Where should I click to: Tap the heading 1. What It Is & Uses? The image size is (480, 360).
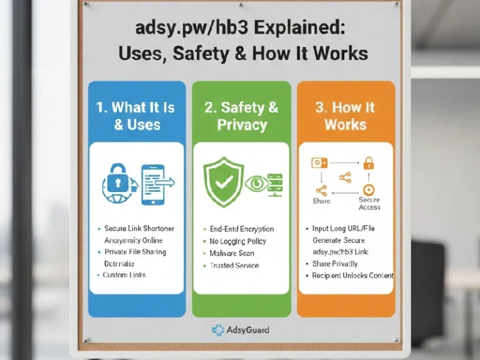pos(136,116)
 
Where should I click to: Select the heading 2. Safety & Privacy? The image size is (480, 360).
pos(241,116)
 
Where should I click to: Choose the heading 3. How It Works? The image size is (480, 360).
pos(346,116)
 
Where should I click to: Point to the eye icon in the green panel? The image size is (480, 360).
pos(256,184)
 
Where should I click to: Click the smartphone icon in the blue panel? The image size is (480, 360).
pos(152,184)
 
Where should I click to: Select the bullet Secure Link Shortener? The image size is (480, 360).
pos(138,229)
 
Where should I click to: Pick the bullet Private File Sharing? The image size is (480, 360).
pos(135,252)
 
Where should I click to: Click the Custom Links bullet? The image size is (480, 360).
pos(124,275)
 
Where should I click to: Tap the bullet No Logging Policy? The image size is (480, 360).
pos(238,241)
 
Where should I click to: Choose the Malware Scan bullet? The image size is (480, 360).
pos(232,253)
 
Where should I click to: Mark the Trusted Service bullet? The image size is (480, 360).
pos(234,266)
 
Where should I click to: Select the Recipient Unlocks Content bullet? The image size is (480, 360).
pos(353,276)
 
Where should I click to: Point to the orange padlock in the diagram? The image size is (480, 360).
pos(369,164)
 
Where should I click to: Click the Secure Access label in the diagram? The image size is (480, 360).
pos(369,204)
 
